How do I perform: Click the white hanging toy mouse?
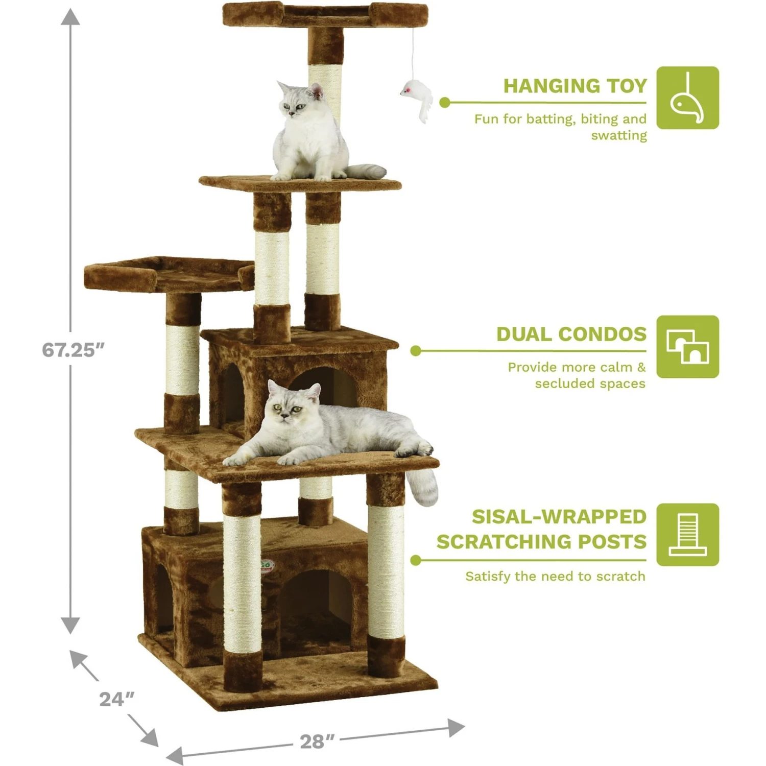pyautogui.click(x=416, y=100)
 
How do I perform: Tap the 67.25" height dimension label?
pyautogui.click(x=73, y=350)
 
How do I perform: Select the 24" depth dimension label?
pyautogui.click(x=117, y=699)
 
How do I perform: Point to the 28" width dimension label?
pyautogui.click(x=317, y=741)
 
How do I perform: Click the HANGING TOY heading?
pyautogui.click(x=575, y=86)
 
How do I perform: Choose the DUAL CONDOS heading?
pyautogui.click(x=571, y=334)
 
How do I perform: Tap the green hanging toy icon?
pyautogui.click(x=687, y=98)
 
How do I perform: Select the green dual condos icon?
pyautogui.click(x=687, y=347)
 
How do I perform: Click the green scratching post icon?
pyautogui.click(x=687, y=535)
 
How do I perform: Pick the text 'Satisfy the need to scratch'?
pyautogui.click(x=555, y=577)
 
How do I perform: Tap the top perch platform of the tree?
pyautogui.click(x=325, y=14)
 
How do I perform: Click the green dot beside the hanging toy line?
pyautogui.click(x=445, y=103)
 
